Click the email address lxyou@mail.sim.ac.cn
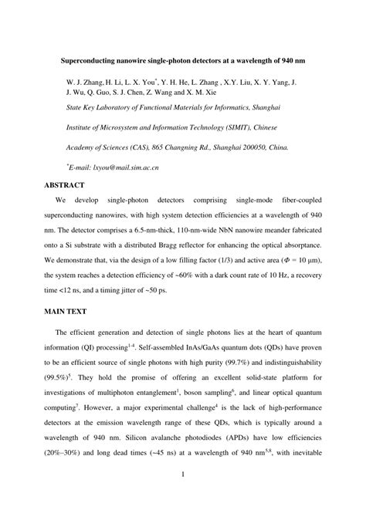131,166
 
